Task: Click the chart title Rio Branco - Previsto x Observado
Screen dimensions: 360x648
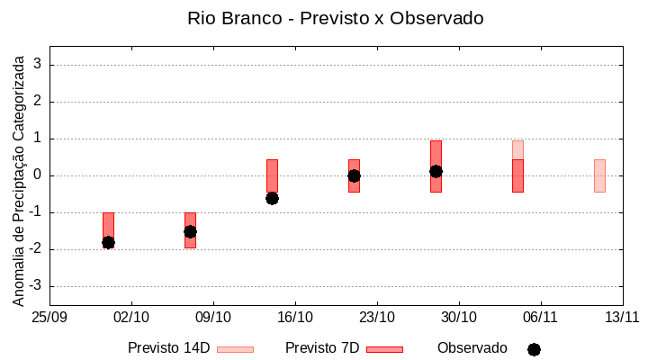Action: coord(323,18)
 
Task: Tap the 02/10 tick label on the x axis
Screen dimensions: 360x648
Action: coord(131,317)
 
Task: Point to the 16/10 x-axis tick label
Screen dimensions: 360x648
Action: coord(295,317)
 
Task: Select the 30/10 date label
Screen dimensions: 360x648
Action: coord(459,317)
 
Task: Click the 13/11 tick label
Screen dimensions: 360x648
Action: coord(622,317)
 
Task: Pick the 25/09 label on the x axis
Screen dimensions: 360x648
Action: coord(49,317)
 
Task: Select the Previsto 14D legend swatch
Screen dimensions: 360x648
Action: coord(235,349)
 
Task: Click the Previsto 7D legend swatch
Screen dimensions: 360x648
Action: coord(384,349)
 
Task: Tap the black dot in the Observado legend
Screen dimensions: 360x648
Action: coord(534,349)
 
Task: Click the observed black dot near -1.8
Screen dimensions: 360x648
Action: coord(108,242)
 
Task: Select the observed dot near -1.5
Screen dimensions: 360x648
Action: coord(190,231)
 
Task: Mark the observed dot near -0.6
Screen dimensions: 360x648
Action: coord(272,198)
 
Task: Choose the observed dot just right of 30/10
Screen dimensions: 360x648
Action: coord(436,171)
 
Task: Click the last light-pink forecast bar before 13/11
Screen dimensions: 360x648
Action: coord(599,175)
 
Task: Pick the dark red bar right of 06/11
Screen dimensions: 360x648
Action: coord(517,176)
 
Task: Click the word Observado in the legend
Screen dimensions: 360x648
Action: coord(472,348)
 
